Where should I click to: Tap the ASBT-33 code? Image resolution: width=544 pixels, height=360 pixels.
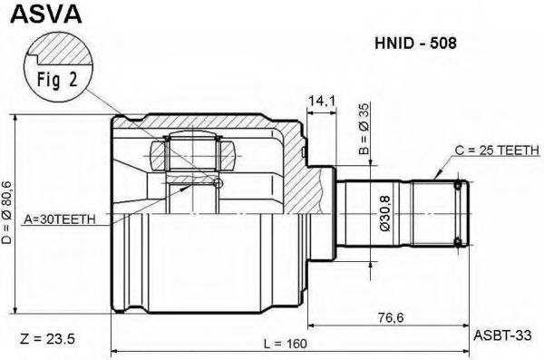click(498, 335)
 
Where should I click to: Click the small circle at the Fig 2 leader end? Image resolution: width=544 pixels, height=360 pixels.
click(216, 184)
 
